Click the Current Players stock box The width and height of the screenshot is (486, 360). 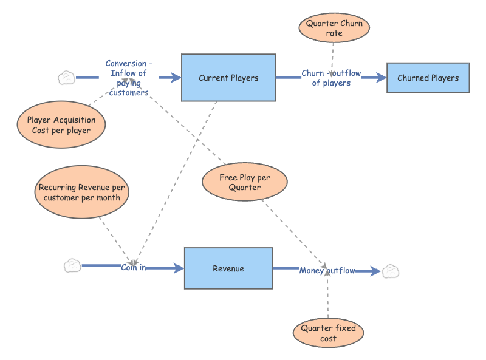pos(228,78)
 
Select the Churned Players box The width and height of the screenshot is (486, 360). pos(428,78)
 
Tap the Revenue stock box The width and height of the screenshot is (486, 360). pos(228,268)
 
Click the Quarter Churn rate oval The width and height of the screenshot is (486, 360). pos(334,28)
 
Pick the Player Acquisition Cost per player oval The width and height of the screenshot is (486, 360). pos(61,125)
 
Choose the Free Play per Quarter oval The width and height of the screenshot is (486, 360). pos(244,182)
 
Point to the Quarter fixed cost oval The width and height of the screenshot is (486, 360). pos(328,333)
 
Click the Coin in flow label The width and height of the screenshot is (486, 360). pos(133,267)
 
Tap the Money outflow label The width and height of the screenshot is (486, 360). pos(327,271)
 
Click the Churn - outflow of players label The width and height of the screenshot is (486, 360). pos(331,78)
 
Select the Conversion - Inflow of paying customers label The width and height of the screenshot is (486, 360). pos(128,78)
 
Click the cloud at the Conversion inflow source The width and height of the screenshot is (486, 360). pos(67,78)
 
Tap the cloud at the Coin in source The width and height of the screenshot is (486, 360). pos(72,265)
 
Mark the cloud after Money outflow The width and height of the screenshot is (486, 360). pos(390,271)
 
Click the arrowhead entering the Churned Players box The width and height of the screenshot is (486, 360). pos(382,78)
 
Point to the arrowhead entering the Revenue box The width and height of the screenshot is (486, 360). pos(179,268)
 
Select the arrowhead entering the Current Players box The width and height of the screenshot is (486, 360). pos(176,78)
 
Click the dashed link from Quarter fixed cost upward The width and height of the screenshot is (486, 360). pos(327,297)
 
